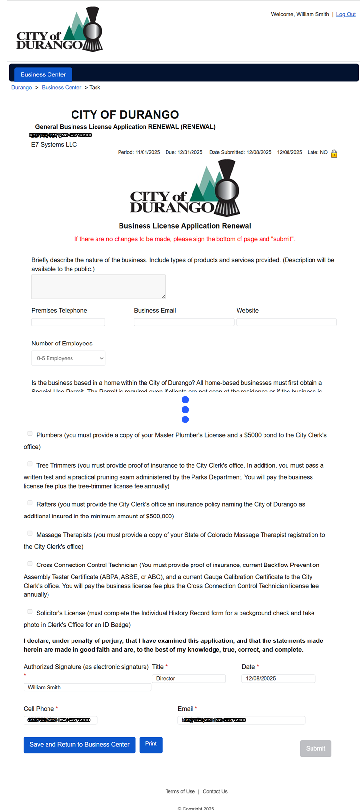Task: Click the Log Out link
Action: [x=346, y=14]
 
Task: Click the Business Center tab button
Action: [x=43, y=74]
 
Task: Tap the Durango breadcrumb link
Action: [x=22, y=87]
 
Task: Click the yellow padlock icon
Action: [x=334, y=154]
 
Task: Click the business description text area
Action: [x=98, y=287]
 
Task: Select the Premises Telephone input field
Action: [x=68, y=322]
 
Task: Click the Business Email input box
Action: [x=184, y=322]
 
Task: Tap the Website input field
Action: [x=287, y=322]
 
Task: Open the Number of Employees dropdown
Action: [x=68, y=358]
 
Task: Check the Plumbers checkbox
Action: [x=30, y=434]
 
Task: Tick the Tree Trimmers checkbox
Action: [x=30, y=464]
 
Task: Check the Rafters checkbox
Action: [x=30, y=503]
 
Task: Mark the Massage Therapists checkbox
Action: [x=30, y=533]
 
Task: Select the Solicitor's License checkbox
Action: [x=30, y=612]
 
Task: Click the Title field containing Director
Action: [x=189, y=679]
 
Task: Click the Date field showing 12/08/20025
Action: [x=278, y=679]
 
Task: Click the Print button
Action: [x=151, y=744]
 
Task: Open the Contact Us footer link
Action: [x=215, y=791]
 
